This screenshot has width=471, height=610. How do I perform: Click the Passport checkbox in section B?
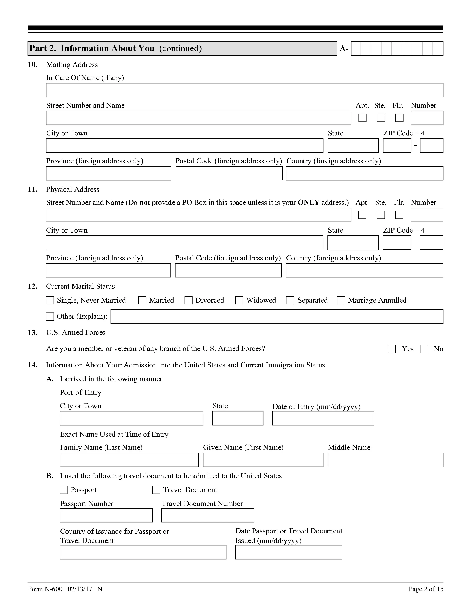pyautogui.click(x=64, y=490)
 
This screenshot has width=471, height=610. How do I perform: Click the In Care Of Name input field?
pyautogui.click(x=244, y=90)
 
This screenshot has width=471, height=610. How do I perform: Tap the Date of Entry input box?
pyautogui.click(x=323, y=418)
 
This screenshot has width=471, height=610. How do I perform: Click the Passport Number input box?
pyautogui.click(x=106, y=515)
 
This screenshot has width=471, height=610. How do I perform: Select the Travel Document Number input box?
pyautogui.click(x=208, y=515)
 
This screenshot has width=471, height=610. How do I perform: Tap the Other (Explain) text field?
pyautogui.click(x=277, y=317)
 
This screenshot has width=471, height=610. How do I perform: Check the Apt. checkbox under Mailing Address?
pyautogui.click(x=362, y=118)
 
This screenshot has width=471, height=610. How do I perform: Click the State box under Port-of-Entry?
pyautogui.click(x=238, y=418)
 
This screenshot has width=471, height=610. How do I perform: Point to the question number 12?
pyautogui.click(x=32, y=286)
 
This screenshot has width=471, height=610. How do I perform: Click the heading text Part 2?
pyautogui.click(x=43, y=48)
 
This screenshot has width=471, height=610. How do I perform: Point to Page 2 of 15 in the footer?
pyautogui.click(x=426, y=589)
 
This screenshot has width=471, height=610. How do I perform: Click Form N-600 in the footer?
pyautogui.click(x=45, y=589)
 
